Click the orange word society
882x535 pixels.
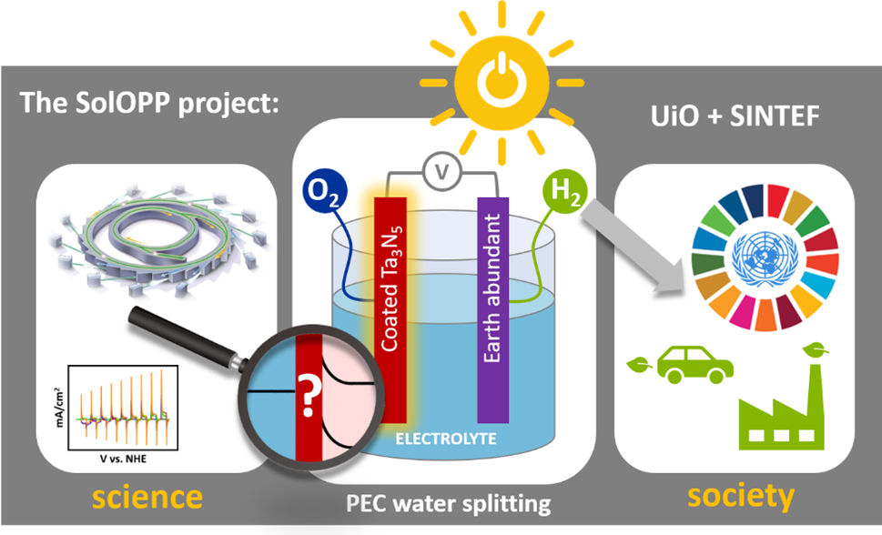[741, 496]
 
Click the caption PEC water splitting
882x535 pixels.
[448, 502]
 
